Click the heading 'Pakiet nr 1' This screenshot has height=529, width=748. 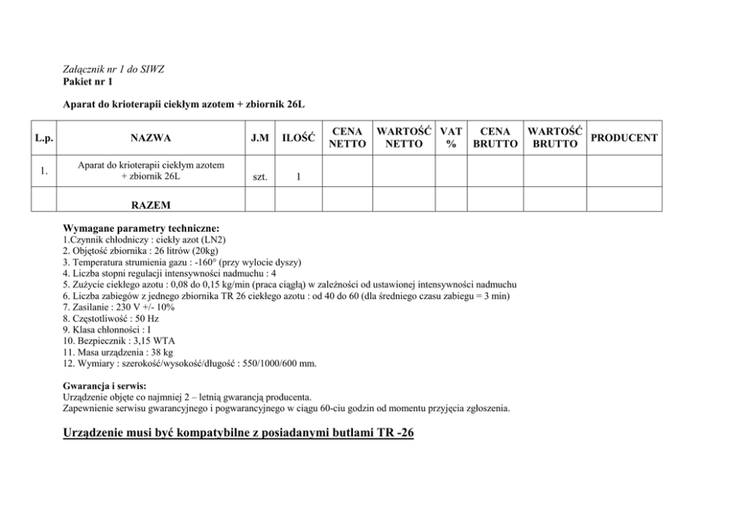[x=87, y=81]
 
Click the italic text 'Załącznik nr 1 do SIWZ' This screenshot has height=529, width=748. [x=114, y=69]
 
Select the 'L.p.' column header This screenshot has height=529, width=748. [x=44, y=138]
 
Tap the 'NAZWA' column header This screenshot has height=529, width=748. [x=150, y=138]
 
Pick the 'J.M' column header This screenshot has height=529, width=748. [x=259, y=138]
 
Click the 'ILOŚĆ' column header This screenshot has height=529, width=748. [x=298, y=138]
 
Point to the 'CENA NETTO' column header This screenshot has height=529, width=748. [x=348, y=138]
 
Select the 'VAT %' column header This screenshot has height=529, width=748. [x=451, y=138]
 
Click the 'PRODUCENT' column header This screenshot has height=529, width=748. [x=624, y=138]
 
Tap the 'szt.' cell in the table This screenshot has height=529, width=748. [x=260, y=178]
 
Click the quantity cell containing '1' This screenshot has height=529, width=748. [x=299, y=178]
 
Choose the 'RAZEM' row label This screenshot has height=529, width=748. [x=150, y=205]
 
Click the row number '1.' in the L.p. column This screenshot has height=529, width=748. [x=44, y=171]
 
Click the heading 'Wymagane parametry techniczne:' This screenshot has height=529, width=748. [x=141, y=228]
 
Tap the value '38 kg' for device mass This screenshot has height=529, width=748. [x=162, y=352]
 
